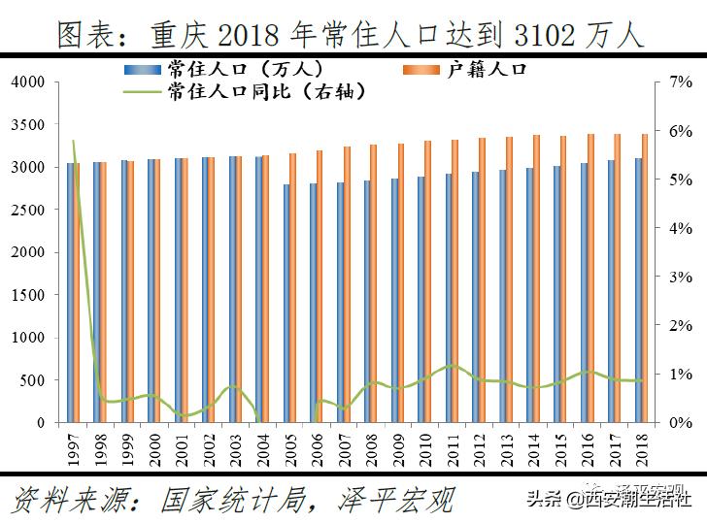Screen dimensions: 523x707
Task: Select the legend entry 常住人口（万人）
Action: pyautogui.click(x=243, y=69)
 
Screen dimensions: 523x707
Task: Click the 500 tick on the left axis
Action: pyautogui.click(x=33, y=380)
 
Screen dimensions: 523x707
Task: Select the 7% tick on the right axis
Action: pyautogui.click(x=681, y=82)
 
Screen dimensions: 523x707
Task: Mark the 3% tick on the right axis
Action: pyautogui.click(x=681, y=278)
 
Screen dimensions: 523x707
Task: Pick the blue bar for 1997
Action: pyautogui.click(x=70, y=291)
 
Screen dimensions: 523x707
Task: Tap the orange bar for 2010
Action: pyautogui.click(x=428, y=281)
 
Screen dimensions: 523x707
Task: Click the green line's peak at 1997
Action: pyautogui.click(x=74, y=142)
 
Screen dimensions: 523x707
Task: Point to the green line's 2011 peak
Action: pyautogui.click(x=452, y=365)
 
